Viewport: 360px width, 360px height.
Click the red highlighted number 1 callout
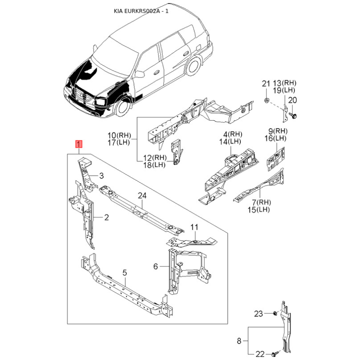pyautogui.click(x=79, y=144)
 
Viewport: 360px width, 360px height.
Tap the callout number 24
pyautogui.click(x=142, y=196)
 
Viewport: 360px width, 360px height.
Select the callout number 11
pyautogui.click(x=194, y=227)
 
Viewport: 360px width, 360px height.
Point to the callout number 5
pyautogui.click(x=125, y=273)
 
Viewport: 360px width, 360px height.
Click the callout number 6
pyautogui.click(x=156, y=266)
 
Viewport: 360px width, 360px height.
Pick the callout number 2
pyautogui.click(x=106, y=217)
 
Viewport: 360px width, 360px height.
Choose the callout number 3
pyautogui.click(x=101, y=176)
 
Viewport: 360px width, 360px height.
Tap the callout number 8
pyautogui.click(x=239, y=341)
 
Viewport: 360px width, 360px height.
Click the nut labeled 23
pyautogui.click(x=274, y=313)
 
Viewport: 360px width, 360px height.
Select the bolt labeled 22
pyautogui.click(x=275, y=353)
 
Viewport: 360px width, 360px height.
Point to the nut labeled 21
pyautogui.click(x=266, y=100)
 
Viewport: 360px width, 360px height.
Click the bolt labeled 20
pyautogui.click(x=293, y=116)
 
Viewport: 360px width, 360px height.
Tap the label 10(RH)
pyautogui.click(x=119, y=135)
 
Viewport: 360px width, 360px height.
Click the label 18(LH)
pyautogui.click(x=154, y=165)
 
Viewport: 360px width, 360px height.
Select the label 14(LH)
pyautogui.click(x=230, y=142)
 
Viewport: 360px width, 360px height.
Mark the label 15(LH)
pyautogui.click(x=259, y=209)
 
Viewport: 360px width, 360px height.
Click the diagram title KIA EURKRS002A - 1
pyautogui.click(x=141, y=11)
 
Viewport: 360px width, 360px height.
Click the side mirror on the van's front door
pyautogui.click(x=139, y=74)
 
